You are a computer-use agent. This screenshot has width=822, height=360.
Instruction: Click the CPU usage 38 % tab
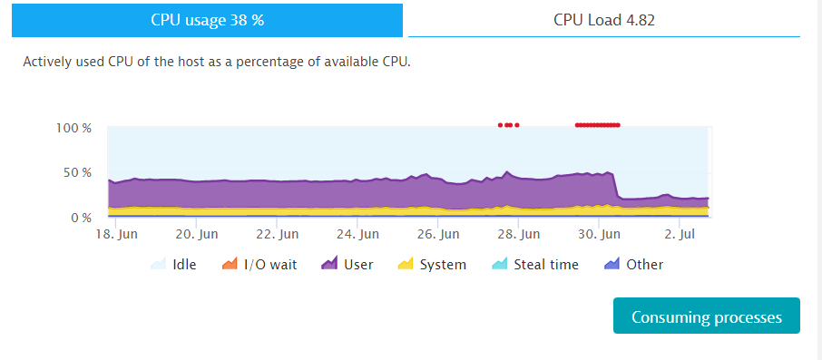(x=207, y=20)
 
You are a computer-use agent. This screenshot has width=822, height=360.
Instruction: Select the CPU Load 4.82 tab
(x=603, y=20)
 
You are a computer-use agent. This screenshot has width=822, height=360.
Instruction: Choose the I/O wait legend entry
(x=259, y=265)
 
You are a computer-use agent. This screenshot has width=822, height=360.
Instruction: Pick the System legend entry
(x=433, y=265)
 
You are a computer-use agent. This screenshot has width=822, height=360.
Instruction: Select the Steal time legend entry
(x=535, y=265)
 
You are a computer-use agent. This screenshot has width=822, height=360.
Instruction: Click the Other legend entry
(x=634, y=265)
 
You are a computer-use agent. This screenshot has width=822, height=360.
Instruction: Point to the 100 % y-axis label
(x=73, y=128)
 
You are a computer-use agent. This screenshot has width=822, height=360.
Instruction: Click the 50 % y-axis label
(x=77, y=172)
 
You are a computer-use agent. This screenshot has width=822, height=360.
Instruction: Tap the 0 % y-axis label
(x=81, y=218)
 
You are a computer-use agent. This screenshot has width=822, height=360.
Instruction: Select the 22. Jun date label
(x=277, y=234)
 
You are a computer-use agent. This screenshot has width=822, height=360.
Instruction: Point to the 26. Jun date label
(x=437, y=234)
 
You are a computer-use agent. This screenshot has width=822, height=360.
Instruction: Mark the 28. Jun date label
(x=518, y=234)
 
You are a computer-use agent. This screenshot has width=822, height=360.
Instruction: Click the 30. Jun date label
(x=599, y=234)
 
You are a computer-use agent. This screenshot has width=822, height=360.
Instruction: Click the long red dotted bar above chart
(x=597, y=125)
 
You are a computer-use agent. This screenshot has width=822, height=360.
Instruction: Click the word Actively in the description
(x=49, y=63)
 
